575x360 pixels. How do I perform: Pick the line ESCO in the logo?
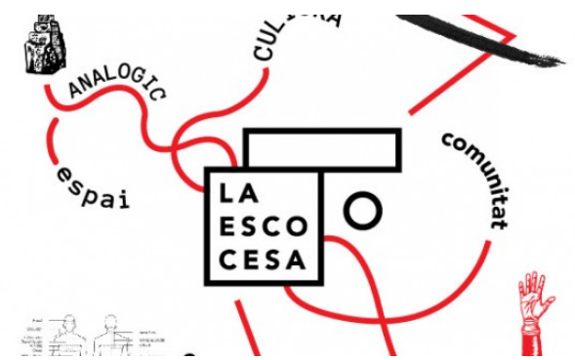[262, 226]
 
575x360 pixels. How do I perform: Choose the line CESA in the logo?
[262, 260]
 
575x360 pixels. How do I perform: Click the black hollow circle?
[362, 210]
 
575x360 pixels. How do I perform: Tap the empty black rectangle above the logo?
[322, 148]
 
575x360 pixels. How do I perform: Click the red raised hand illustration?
[534, 306]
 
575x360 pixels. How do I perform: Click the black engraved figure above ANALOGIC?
[38, 44]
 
